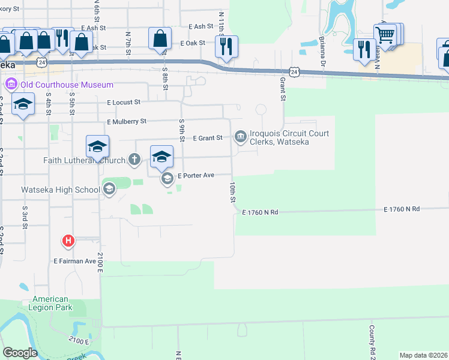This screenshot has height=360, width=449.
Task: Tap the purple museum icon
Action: pyautogui.click(x=11, y=85)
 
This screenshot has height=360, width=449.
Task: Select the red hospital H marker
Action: pyautogui.click(x=68, y=241)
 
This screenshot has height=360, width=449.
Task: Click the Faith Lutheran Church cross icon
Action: pyautogui.click(x=134, y=160)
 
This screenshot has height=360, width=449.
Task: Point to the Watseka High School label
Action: pyautogui.click(x=61, y=190)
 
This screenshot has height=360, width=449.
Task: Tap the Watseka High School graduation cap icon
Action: pyautogui.click(x=109, y=190)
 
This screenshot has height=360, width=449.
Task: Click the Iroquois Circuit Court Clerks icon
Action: pyautogui.click(x=241, y=137)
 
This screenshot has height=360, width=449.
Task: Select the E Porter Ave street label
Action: pyautogui.click(x=196, y=176)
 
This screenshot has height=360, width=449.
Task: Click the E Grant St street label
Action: pyautogui.click(x=208, y=138)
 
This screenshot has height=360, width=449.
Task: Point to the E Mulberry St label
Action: pyautogui.click(x=127, y=122)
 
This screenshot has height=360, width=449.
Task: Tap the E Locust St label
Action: pyautogui.click(x=124, y=103)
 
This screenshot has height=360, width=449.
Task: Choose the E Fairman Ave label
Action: pyautogui.click(x=74, y=261)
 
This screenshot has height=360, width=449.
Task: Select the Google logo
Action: pyautogui.click(x=20, y=353)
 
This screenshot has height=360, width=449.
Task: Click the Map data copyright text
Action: pyautogui.click(x=424, y=355)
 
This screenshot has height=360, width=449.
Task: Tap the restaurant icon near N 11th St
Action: pyautogui.click(x=226, y=47)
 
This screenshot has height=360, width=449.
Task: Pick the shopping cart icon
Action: pyautogui.click(x=385, y=34)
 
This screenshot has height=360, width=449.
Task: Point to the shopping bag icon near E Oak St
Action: pyautogui.click(x=160, y=39)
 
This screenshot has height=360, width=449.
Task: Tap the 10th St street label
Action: pyautogui.click(x=232, y=191)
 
